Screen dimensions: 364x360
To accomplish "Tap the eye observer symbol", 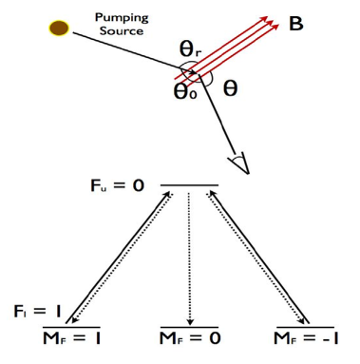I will (x=237, y=163).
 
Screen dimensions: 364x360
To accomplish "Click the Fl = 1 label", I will (x=38, y=310).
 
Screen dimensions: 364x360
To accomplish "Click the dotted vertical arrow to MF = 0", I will (x=189, y=257).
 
